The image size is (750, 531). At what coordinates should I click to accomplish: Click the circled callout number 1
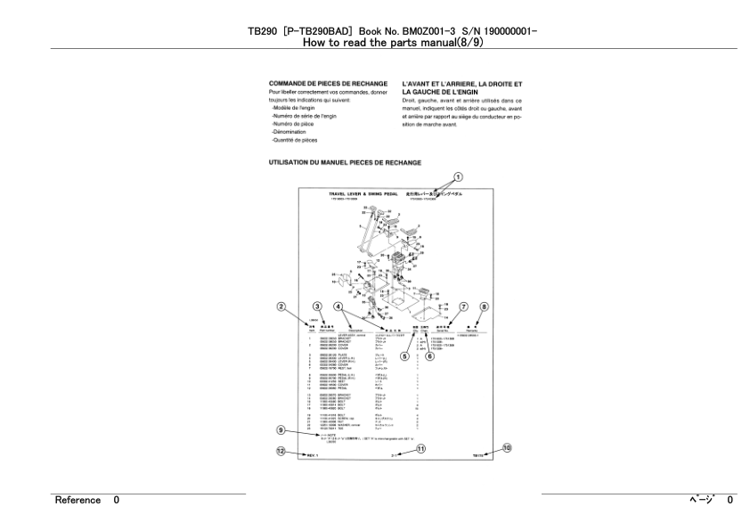[x=459, y=176]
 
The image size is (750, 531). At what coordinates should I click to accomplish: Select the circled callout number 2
[x=281, y=307]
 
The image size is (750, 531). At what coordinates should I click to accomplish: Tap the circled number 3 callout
[x=317, y=307]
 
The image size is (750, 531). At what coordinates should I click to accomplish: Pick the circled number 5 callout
[x=405, y=356]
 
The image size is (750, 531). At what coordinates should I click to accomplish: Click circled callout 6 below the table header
[x=428, y=356]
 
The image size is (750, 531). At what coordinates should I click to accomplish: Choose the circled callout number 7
[x=463, y=307]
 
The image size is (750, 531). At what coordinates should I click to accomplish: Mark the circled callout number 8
[x=485, y=307]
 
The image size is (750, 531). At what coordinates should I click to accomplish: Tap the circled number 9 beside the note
[x=281, y=430]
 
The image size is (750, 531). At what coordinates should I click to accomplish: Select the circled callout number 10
[x=508, y=448]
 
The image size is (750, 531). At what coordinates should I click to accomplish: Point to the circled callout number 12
[x=281, y=452]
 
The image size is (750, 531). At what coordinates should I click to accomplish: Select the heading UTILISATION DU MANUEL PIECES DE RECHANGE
[x=345, y=163]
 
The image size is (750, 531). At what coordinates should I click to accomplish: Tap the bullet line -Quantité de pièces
[x=295, y=140]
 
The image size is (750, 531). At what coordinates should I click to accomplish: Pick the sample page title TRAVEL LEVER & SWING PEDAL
[x=361, y=192]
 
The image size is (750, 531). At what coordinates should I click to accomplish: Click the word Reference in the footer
[x=77, y=501]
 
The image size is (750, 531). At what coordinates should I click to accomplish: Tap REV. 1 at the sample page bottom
[x=313, y=454]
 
